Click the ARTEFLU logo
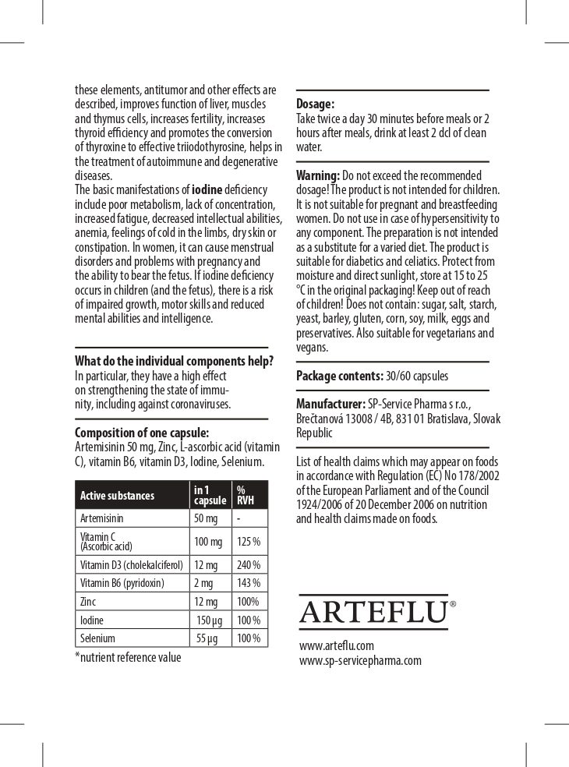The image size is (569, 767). coord(374,612)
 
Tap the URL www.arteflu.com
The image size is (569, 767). coord(337,645)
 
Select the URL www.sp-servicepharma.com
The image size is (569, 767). coord(360,660)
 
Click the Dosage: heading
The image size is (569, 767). coord(316,104)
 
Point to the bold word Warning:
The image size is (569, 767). coord(318,175)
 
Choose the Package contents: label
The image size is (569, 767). coord(340,376)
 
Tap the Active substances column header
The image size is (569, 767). coord(118,496)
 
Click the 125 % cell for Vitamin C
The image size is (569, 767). coord(249,542)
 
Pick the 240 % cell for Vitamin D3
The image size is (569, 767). coord(249,565)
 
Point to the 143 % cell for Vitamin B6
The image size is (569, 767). coord(249,583)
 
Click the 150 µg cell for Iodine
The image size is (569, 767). coord(210,620)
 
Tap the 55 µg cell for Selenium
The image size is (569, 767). coord(207,638)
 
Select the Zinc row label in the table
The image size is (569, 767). coord(88,602)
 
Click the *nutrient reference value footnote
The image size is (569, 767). coord(128,657)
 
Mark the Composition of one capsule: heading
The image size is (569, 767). coord(142,433)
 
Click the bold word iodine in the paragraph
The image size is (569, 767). coord(207,189)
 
